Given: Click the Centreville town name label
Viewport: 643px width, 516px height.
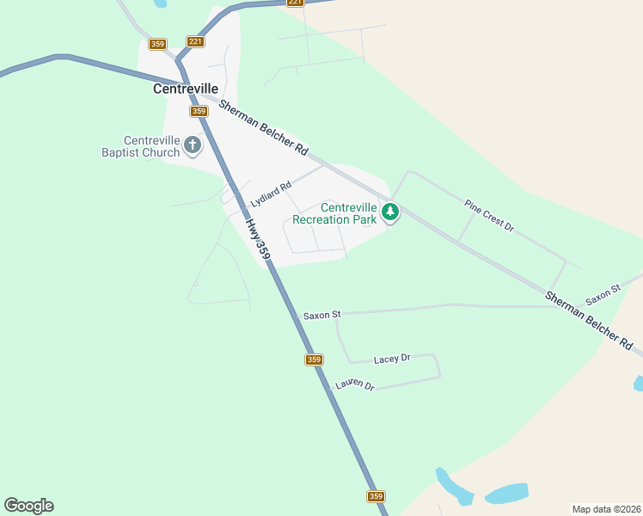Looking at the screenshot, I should pos(185,89).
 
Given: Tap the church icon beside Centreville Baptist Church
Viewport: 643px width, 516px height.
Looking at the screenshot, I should pos(193,145).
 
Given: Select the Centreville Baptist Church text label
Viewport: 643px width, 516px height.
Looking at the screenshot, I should pos(151,146).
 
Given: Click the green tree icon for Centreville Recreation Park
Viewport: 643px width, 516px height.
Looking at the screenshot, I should pos(390,211).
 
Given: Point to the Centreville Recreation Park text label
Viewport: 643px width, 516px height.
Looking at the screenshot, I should pos(335,213).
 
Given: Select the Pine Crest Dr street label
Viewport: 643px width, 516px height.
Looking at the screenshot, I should pos(488,216).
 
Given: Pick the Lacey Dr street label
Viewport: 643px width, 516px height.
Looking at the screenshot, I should pos(392,359).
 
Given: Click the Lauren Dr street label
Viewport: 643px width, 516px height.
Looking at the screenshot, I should pos(355,384).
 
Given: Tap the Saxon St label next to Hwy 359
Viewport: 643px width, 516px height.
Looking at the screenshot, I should pos(322,316).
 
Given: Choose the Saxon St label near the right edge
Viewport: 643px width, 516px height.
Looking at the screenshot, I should pos(603,295).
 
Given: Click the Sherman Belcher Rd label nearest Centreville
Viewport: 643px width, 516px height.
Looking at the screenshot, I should pos(263,127).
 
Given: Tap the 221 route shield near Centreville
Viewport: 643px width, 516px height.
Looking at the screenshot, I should pos(195,41).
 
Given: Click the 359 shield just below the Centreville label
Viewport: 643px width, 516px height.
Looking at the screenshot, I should pos(199,111).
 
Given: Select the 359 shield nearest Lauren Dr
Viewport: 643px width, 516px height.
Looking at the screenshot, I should pos(314,359).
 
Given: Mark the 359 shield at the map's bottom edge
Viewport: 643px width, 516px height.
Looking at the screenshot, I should pos(376,496).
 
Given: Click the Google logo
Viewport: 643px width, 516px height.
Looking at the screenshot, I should pos(28,506).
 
